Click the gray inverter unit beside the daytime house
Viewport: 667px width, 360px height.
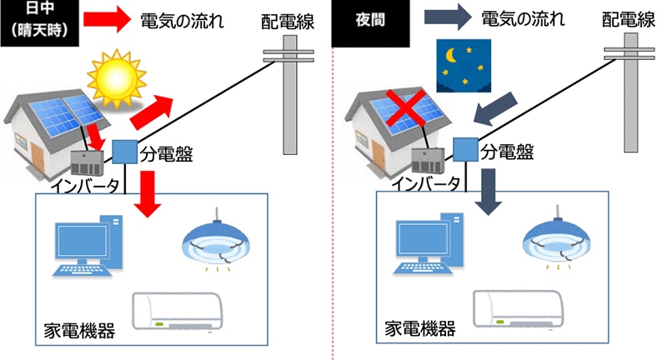84,160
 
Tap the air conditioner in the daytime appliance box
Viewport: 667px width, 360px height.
182,314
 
